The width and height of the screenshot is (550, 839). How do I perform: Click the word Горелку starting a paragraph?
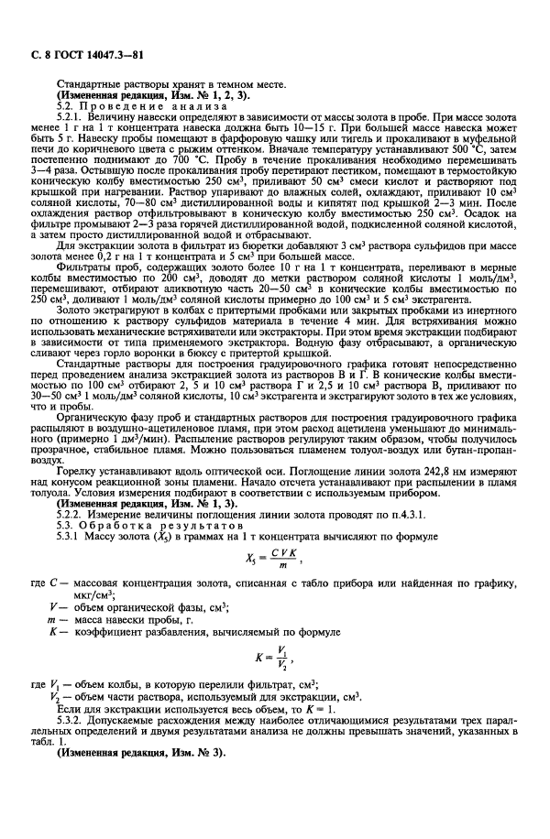75,476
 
